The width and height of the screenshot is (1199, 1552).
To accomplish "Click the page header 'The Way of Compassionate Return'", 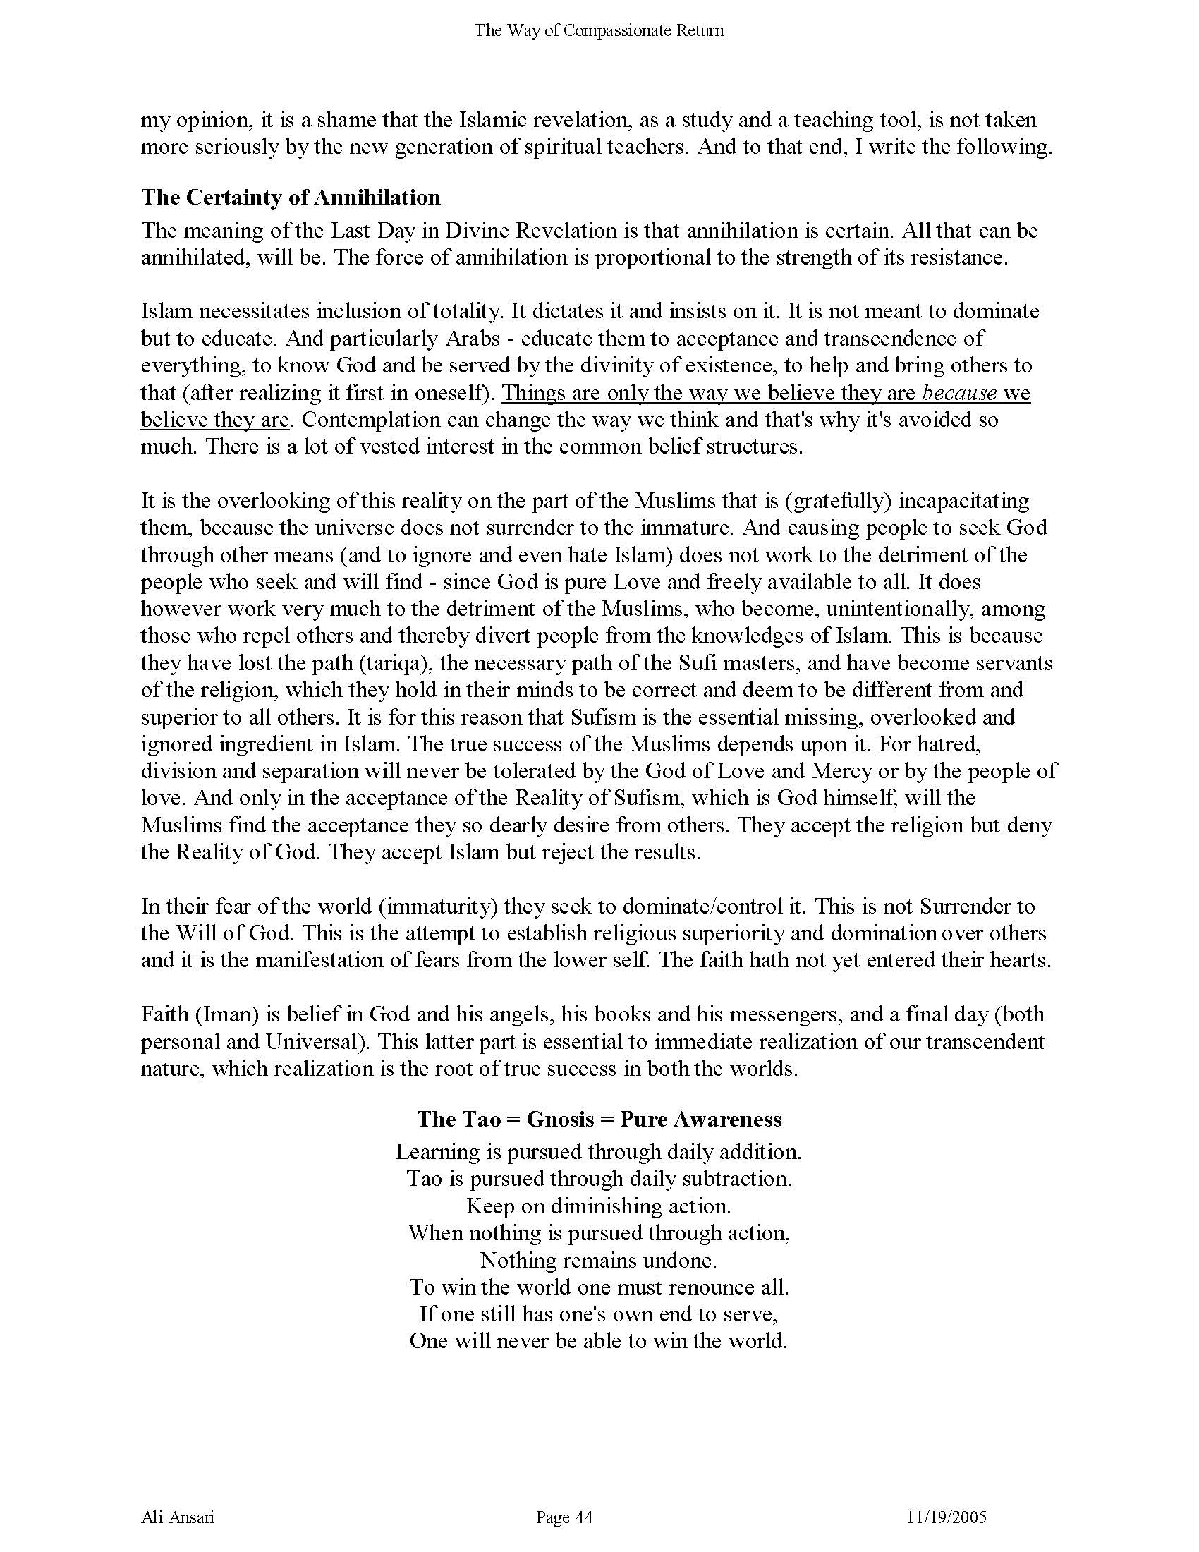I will coord(599,30).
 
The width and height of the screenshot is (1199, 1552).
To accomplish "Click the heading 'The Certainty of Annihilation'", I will coord(291,197).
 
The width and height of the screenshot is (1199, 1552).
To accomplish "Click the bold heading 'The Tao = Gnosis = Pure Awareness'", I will coord(599,1120).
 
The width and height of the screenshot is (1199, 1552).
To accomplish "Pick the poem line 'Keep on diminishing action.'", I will coord(598,1206).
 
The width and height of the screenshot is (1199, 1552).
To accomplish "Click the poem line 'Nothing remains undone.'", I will coord(598,1260).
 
